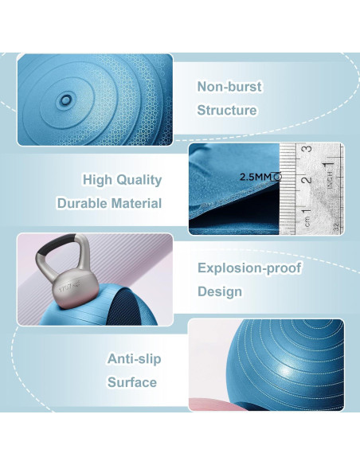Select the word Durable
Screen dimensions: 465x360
click(83, 203)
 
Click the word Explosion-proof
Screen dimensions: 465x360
click(249, 268)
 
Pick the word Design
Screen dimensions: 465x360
click(220, 291)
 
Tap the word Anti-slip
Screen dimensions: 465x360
click(134, 358)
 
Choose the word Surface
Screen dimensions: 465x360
click(132, 382)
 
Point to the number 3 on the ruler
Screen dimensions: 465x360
click(304, 150)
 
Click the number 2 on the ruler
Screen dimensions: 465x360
click(304, 181)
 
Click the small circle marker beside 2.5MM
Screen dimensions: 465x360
click(277, 178)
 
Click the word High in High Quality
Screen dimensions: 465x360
click(99, 180)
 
